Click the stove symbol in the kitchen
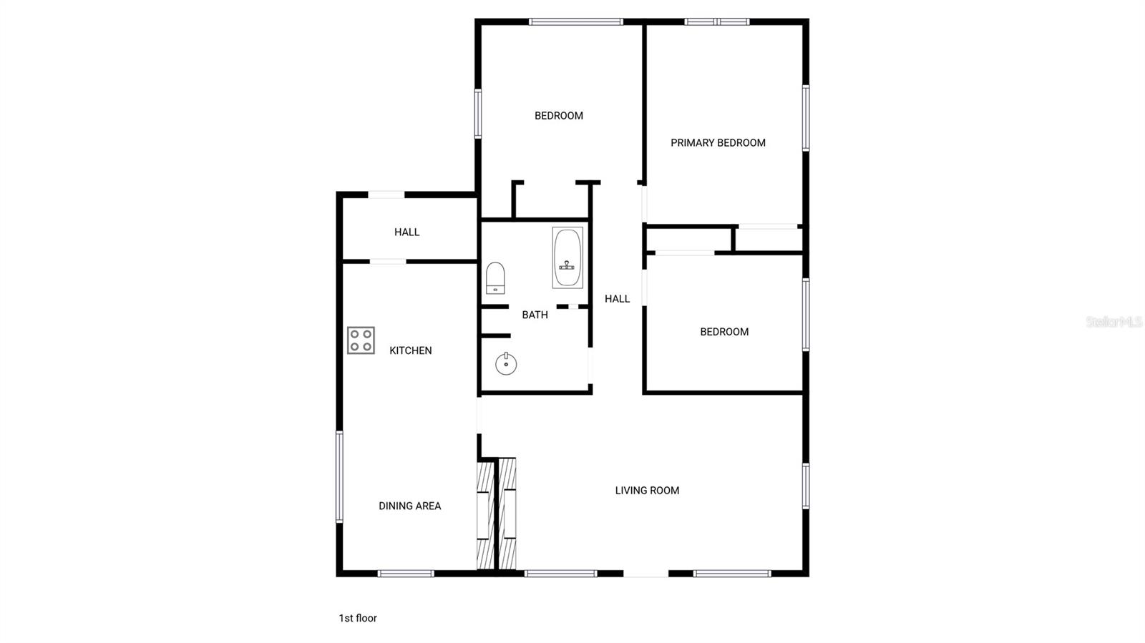pyautogui.click(x=361, y=340)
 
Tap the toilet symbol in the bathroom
pyautogui.click(x=495, y=278)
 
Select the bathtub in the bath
pyautogui.click(x=567, y=257)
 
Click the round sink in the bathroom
pyautogui.click(x=506, y=363)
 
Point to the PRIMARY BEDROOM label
pyautogui.click(x=718, y=143)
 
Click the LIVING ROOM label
pyautogui.click(x=647, y=491)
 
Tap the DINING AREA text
pyautogui.click(x=409, y=506)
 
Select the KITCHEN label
pyautogui.click(x=410, y=350)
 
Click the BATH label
pyautogui.click(x=535, y=315)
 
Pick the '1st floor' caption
pyautogui.click(x=357, y=618)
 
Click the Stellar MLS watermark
pyautogui.click(x=1114, y=322)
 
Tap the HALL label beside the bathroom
pyautogui.click(x=617, y=299)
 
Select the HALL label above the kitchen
pyautogui.click(x=406, y=232)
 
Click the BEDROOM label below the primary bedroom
pyautogui.click(x=724, y=332)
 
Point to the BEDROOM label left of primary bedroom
pyautogui.click(x=558, y=116)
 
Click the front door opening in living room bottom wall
pyautogui.click(x=646, y=573)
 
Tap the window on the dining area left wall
pyautogui.click(x=339, y=476)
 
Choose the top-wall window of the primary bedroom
pyautogui.click(x=716, y=22)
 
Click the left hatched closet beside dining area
pyautogui.click(x=485, y=515)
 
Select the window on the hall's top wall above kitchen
pyautogui.click(x=386, y=195)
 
